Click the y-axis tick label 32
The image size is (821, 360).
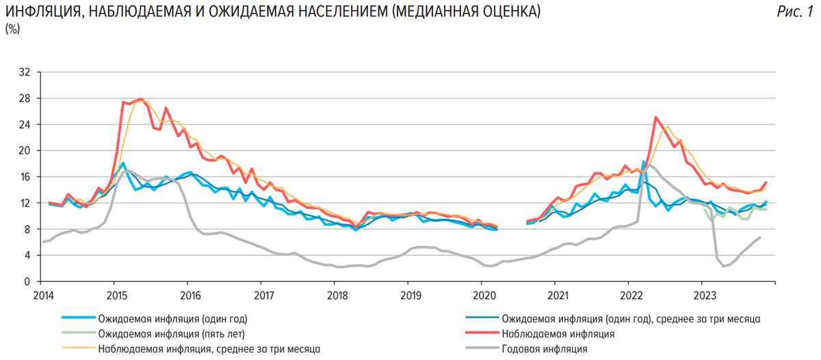pyautogui.click(x=26, y=72)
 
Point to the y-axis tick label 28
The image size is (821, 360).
pyautogui.click(x=26, y=98)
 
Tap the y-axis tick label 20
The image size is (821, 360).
pyautogui.click(x=26, y=151)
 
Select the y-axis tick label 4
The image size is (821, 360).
pyautogui.click(x=28, y=255)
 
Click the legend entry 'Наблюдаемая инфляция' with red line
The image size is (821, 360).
pyautogui.click(x=558, y=334)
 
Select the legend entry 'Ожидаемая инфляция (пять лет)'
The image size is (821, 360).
pyautogui.click(x=171, y=334)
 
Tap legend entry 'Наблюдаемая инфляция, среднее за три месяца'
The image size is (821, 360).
pyautogui.click(x=209, y=349)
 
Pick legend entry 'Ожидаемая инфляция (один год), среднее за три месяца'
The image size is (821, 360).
pyautogui.click(x=631, y=319)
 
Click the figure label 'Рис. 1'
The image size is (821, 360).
pyautogui.click(x=795, y=12)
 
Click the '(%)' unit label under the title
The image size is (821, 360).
pyautogui.click(x=12, y=29)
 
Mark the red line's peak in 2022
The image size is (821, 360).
pyautogui.click(x=656, y=117)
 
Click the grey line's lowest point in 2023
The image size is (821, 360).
pyautogui.click(x=724, y=266)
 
